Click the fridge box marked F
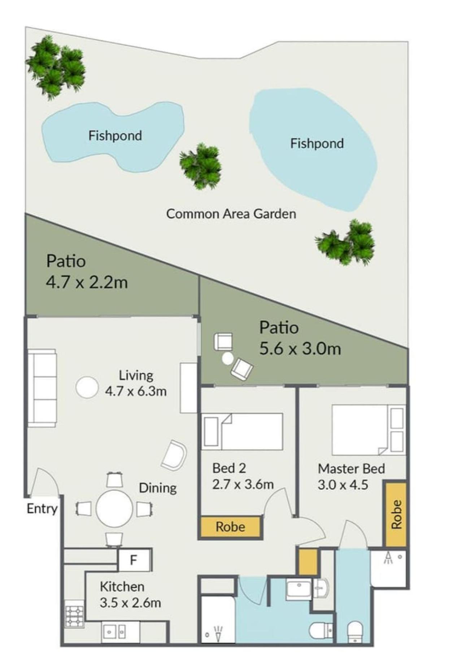coord(134,560)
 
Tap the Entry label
coord(42,509)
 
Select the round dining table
coord(114,509)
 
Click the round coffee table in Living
coord(87,387)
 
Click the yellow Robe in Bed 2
coord(230,527)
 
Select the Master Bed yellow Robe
coord(396,514)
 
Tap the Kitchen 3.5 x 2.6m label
coord(130,595)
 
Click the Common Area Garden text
coord(231,214)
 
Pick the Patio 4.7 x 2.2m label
coord(87,272)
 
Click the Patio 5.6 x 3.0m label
coord(300,338)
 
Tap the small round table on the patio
coord(228,359)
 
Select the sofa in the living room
coord(42,388)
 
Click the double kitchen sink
coord(114,632)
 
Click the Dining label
coord(158,488)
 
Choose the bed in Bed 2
coord(242,431)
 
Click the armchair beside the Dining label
coord(174,455)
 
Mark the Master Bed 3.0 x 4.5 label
coord(351,476)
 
